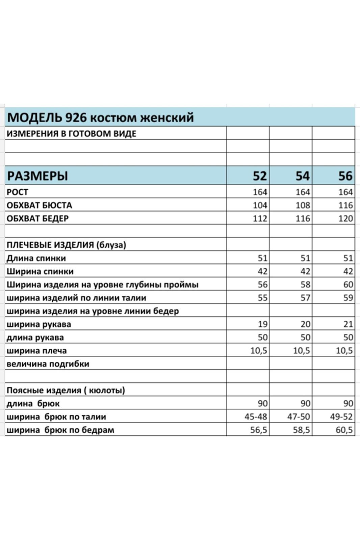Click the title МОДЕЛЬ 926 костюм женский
100,117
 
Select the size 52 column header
259,176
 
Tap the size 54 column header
302,176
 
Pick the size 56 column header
345,176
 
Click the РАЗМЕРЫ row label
37,176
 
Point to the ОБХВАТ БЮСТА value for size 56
345,205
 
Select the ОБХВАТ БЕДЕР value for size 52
260,218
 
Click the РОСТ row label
18,192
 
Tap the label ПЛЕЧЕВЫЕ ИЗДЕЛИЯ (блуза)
66,245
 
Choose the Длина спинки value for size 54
305,258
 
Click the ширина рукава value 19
262,324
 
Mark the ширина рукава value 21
348,324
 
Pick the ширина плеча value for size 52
259,351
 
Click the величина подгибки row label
48,364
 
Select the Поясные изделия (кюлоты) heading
66,390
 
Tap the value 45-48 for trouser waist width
256,417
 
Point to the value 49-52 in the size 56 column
341,417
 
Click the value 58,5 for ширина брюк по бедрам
301,430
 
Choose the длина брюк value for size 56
348,404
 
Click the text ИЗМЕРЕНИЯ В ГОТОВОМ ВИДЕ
72,134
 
